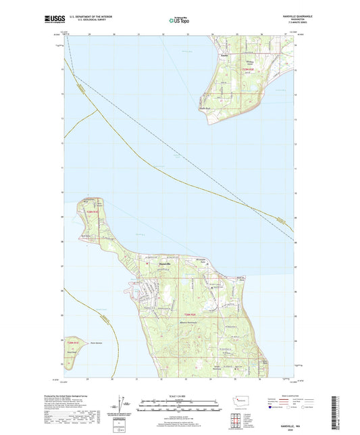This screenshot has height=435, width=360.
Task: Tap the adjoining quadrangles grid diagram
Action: [x=242, y=420]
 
